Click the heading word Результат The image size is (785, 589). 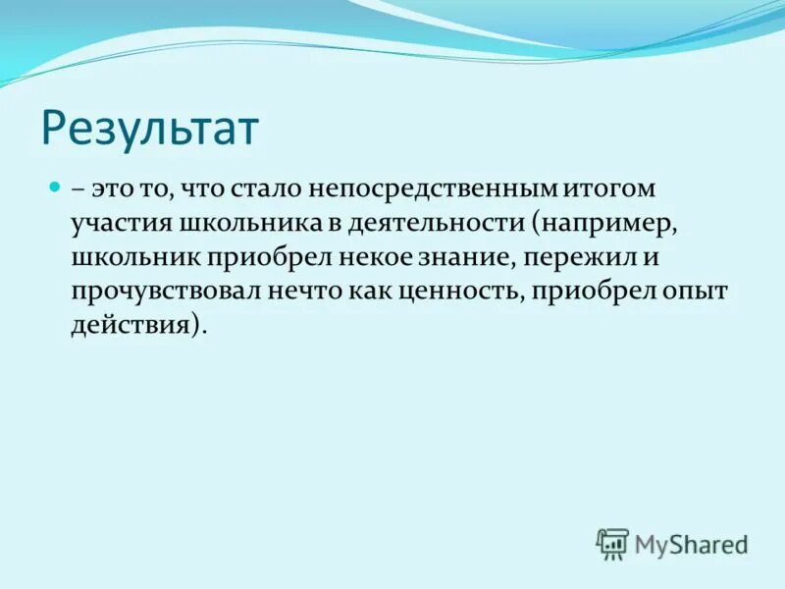point(150,128)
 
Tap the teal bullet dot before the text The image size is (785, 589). point(56,185)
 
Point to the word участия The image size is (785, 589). point(120,224)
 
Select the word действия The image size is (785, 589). point(131,327)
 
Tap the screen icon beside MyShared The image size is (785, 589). point(612,544)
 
